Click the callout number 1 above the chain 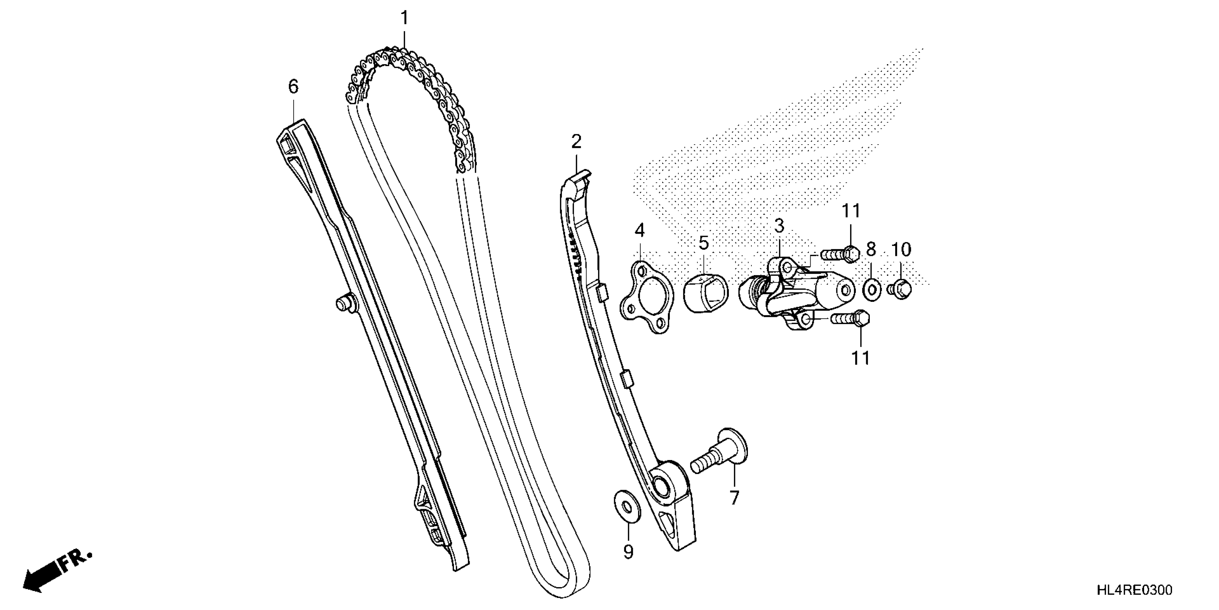tap(404, 18)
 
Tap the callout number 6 tap(293, 87)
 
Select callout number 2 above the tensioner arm tap(576, 141)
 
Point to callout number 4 tap(639, 231)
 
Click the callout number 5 tap(704, 243)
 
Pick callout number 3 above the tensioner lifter tap(779, 226)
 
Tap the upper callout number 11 tap(851, 211)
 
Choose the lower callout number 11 tap(861, 358)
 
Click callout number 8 tap(871, 249)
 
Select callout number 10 tap(901, 249)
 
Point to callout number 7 tap(734, 498)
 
